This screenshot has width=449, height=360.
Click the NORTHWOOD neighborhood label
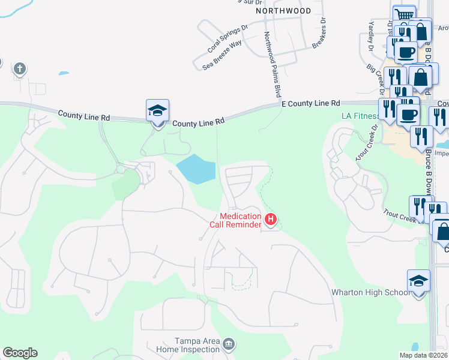point(283,11)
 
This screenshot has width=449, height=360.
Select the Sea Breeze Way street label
point(222,53)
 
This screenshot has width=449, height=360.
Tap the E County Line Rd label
point(311,104)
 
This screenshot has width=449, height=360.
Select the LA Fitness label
point(360,116)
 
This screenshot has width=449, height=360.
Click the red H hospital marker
point(270,220)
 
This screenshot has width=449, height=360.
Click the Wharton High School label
point(371,293)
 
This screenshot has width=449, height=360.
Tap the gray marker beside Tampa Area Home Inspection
point(228,344)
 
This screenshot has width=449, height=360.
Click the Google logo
point(20,353)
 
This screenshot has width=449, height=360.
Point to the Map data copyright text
point(423,355)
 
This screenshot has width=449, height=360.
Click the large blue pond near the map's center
point(197,169)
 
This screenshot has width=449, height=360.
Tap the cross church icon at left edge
point(19,69)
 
